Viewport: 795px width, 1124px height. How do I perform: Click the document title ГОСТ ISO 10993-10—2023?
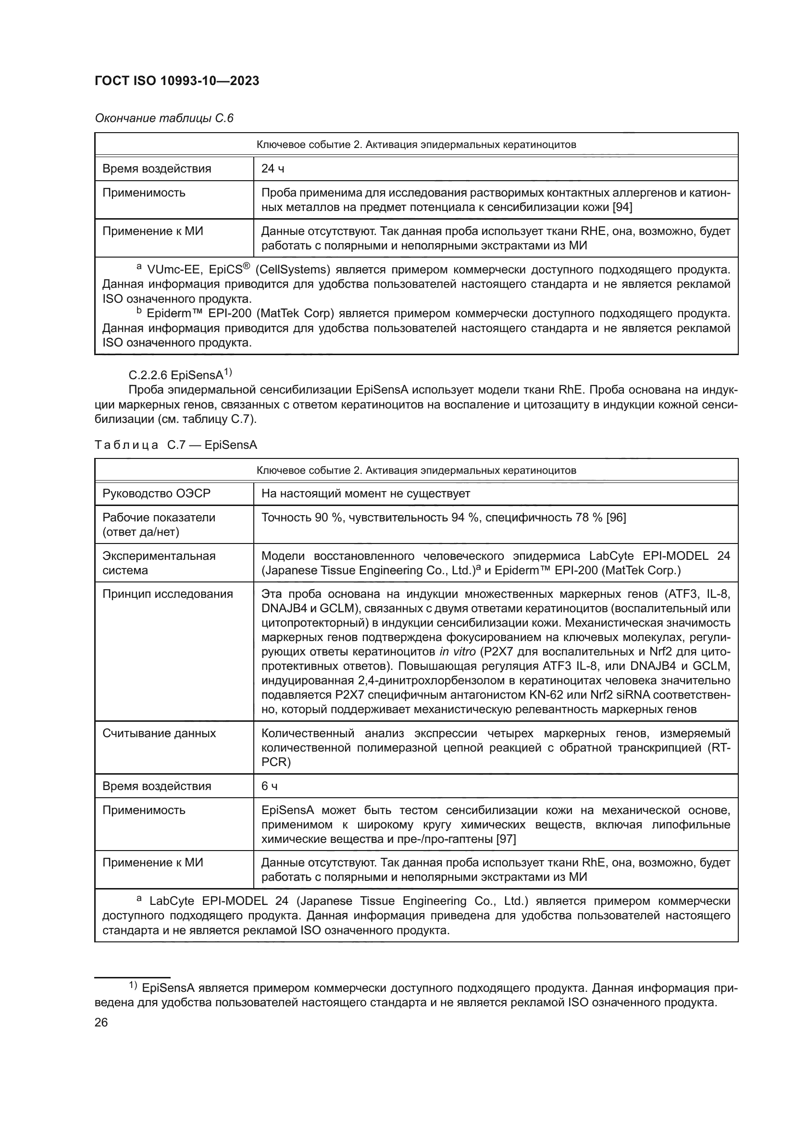coord(177,81)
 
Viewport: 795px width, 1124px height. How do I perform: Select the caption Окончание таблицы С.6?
coord(164,119)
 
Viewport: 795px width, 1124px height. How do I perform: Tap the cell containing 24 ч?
coord(273,169)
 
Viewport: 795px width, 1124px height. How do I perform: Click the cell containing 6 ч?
coord(269,786)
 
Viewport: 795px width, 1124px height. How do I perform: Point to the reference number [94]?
coord(622,208)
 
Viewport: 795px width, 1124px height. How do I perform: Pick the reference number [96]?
coord(616,518)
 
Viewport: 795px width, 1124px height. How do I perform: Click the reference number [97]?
coord(506,839)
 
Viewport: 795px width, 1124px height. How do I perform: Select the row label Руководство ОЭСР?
coord(156,494)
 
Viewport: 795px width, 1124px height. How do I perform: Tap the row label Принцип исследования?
coord(167,594)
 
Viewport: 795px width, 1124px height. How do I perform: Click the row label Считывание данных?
coord(159,733)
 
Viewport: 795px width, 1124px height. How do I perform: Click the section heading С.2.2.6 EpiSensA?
coord(179,375)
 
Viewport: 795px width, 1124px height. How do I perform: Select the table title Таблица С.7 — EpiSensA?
coord(176,445)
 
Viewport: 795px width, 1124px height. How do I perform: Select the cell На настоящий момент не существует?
coord(365,494)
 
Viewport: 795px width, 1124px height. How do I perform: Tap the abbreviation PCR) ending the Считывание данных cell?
coord(275,762)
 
